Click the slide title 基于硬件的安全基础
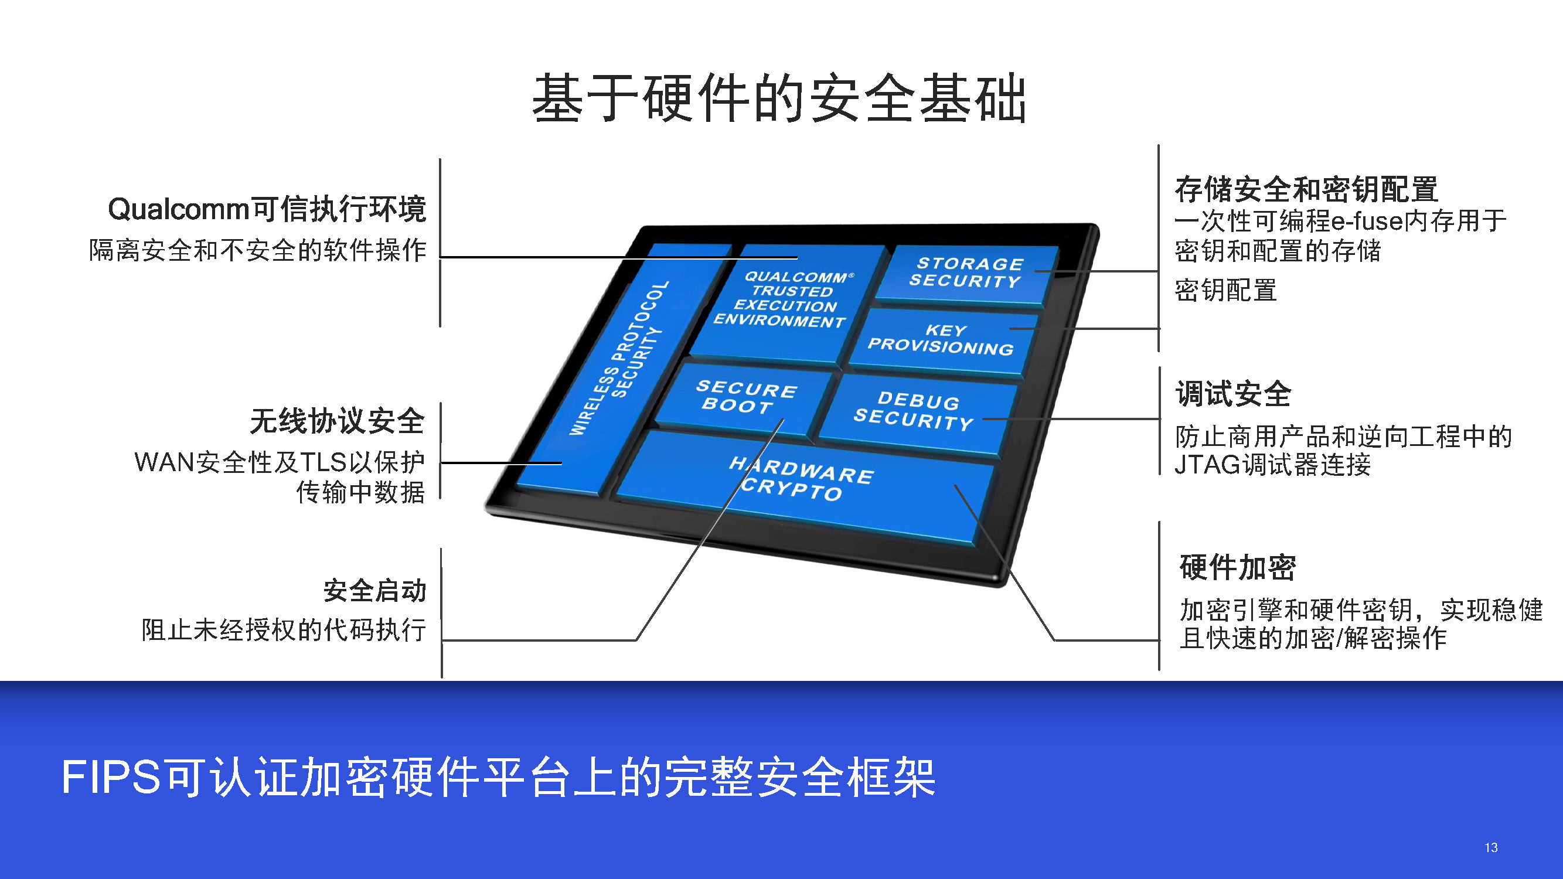(779, 98)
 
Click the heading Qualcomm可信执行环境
(267, 209)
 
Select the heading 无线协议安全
(338, 421)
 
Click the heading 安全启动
(374, 590)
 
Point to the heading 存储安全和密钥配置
(1306, 189)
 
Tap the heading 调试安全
(1234, 394)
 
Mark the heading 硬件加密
(1238, 567)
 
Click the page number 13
(1491, 847)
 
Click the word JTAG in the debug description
(1207, 465)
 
